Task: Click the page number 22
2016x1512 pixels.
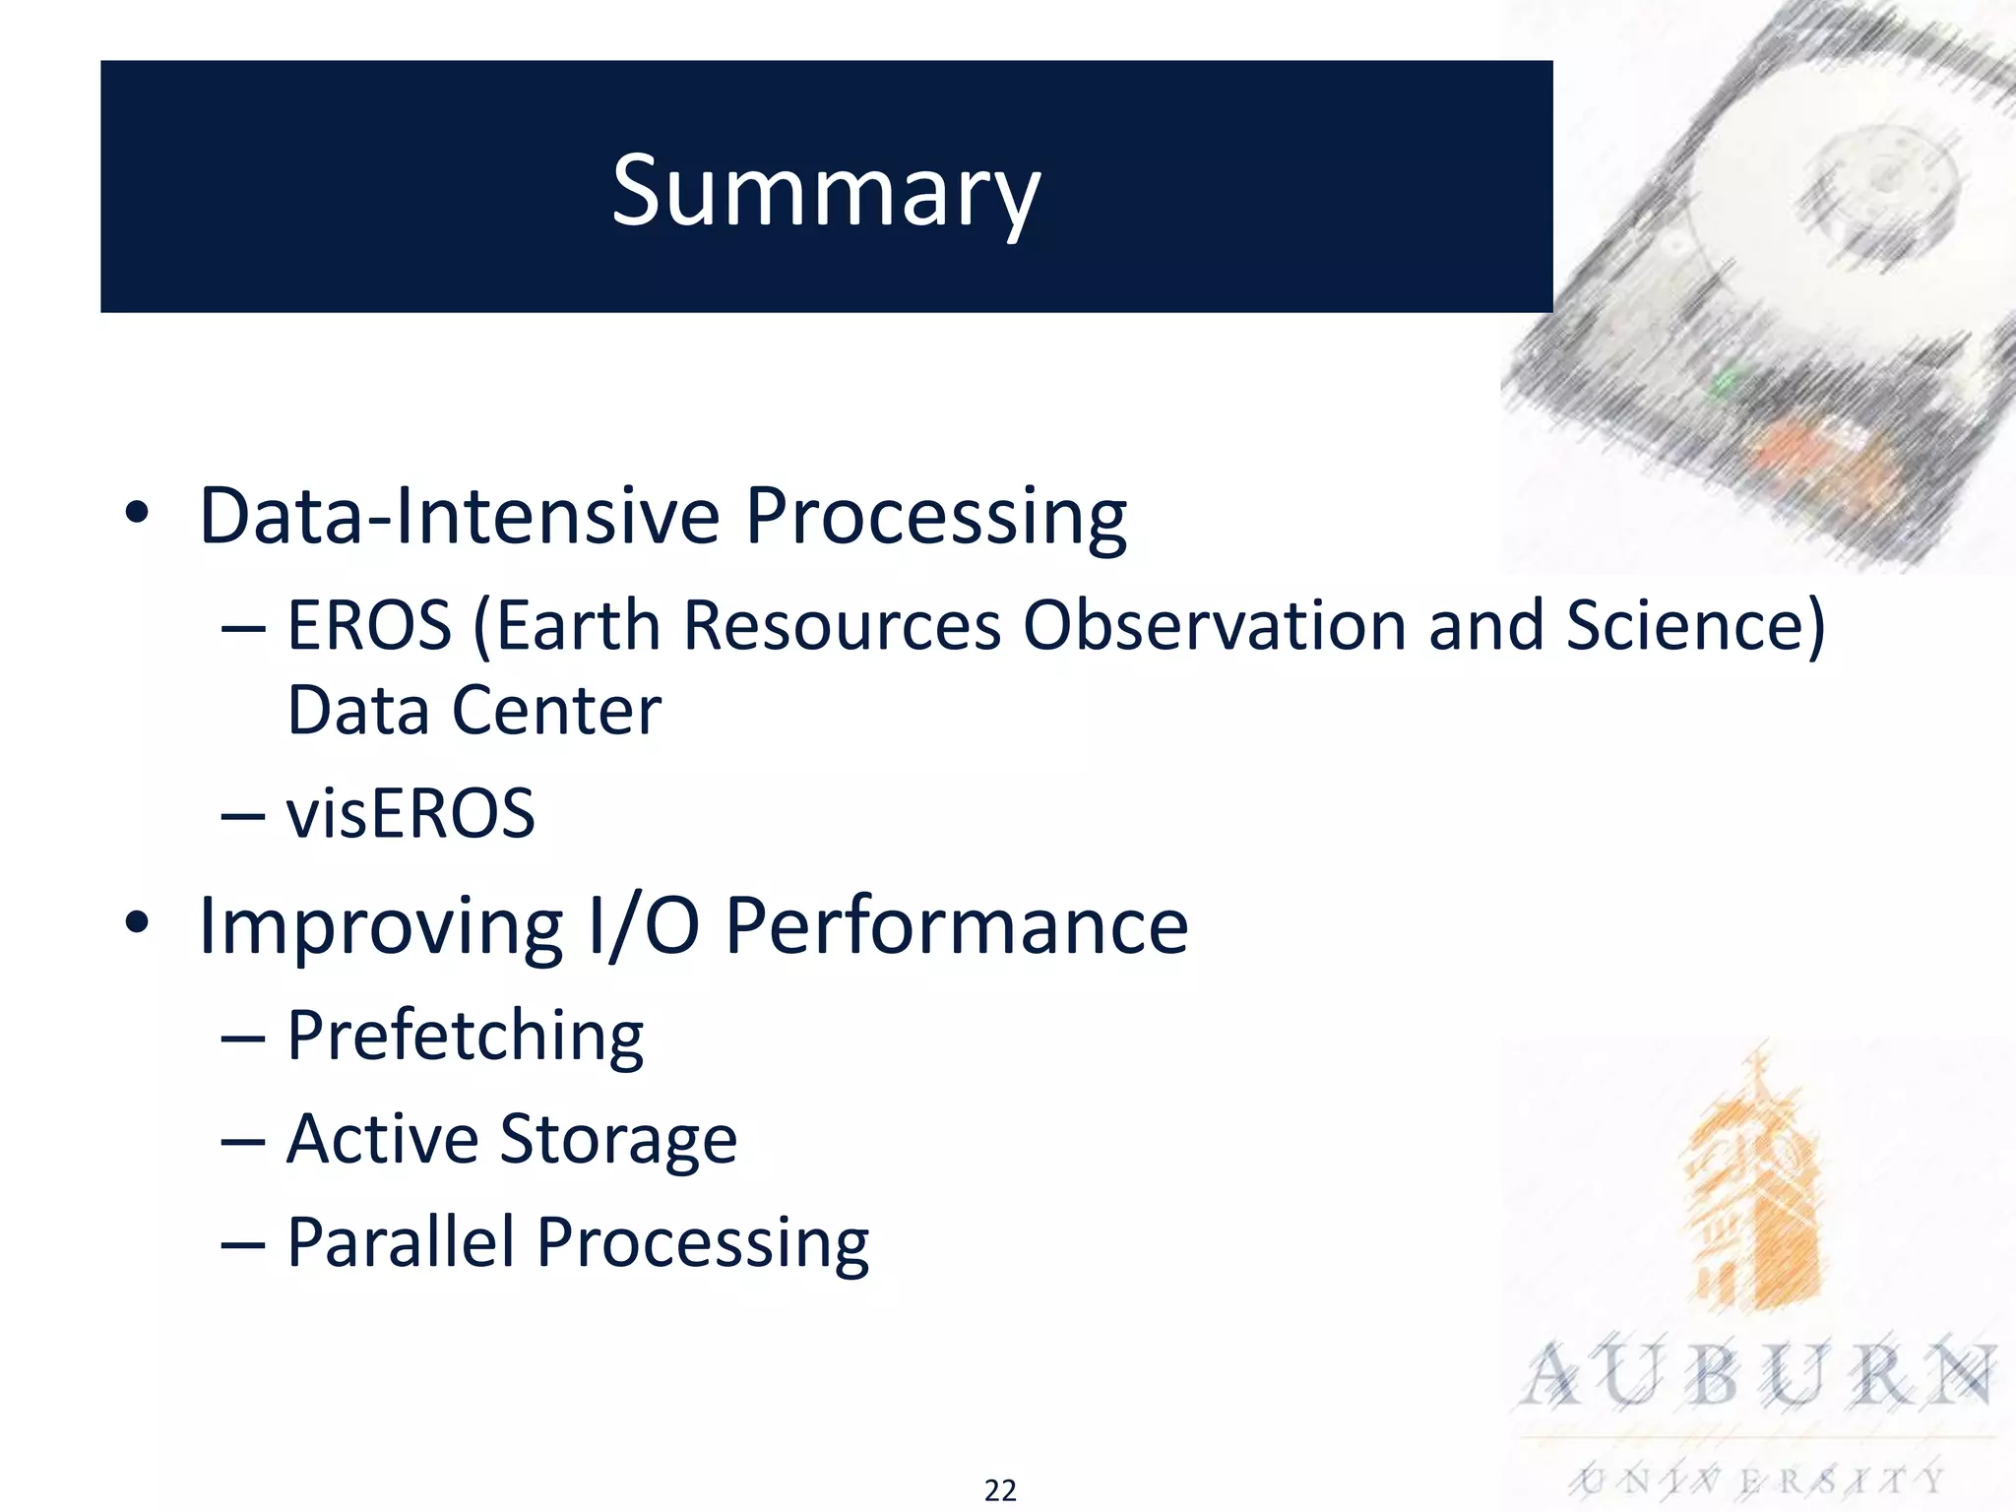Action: pyautogui.click(x=1000, y=1490)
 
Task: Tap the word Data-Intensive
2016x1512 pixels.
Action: pyautogui.click(x=459, y=515)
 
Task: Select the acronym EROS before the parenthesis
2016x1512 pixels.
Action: pyautogui.click(x=369, y=625)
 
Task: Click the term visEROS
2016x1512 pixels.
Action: pyautogui.click(x=410, y=814)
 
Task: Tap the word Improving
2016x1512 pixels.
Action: pyautogui.click(x=380, y=926)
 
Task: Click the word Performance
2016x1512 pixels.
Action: pyautogui.click(x=956, y=926)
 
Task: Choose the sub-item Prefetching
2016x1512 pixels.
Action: pyautogui.click(x=465, y=1037)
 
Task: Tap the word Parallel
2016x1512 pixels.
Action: pyautogui.click(x=401, y=1241)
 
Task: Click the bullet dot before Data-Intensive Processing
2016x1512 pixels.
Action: pyautogui.click(x=137, y=513)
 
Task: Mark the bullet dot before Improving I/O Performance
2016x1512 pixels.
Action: pyautogui.click(x=137, y=923)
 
